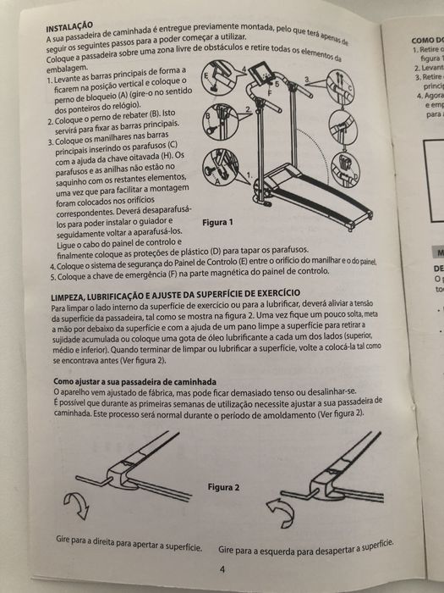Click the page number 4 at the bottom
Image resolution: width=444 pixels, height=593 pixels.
click(x=221, y=569)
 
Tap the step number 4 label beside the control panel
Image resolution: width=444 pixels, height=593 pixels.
click(x=244, y=68)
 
